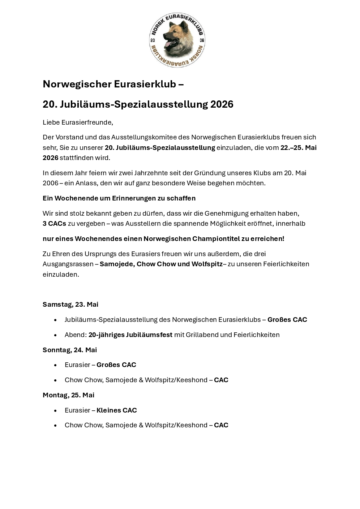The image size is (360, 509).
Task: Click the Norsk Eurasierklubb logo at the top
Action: pos(177,40)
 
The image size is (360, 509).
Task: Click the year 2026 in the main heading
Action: pos(222,104)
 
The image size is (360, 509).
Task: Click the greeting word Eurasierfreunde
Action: pos(87,122)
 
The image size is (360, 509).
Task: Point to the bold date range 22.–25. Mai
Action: pos(299,147)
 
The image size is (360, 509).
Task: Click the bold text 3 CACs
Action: pos(54,224)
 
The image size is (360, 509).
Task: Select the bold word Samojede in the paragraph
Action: pos(116,264)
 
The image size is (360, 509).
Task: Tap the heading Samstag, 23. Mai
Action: pos(70,305)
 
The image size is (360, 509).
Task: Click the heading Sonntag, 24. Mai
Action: pos(70,350)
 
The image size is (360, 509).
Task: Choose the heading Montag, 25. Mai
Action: pos(69,395)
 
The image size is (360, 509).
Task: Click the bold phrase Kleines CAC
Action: pos(117,410)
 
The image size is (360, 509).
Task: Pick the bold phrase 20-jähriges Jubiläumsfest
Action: pos(130,335)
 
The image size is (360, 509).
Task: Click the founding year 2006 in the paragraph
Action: pos(50,183)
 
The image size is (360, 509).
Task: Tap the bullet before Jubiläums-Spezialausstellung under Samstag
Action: pos(55,320)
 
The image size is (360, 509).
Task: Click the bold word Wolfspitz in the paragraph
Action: pos(207,264)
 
